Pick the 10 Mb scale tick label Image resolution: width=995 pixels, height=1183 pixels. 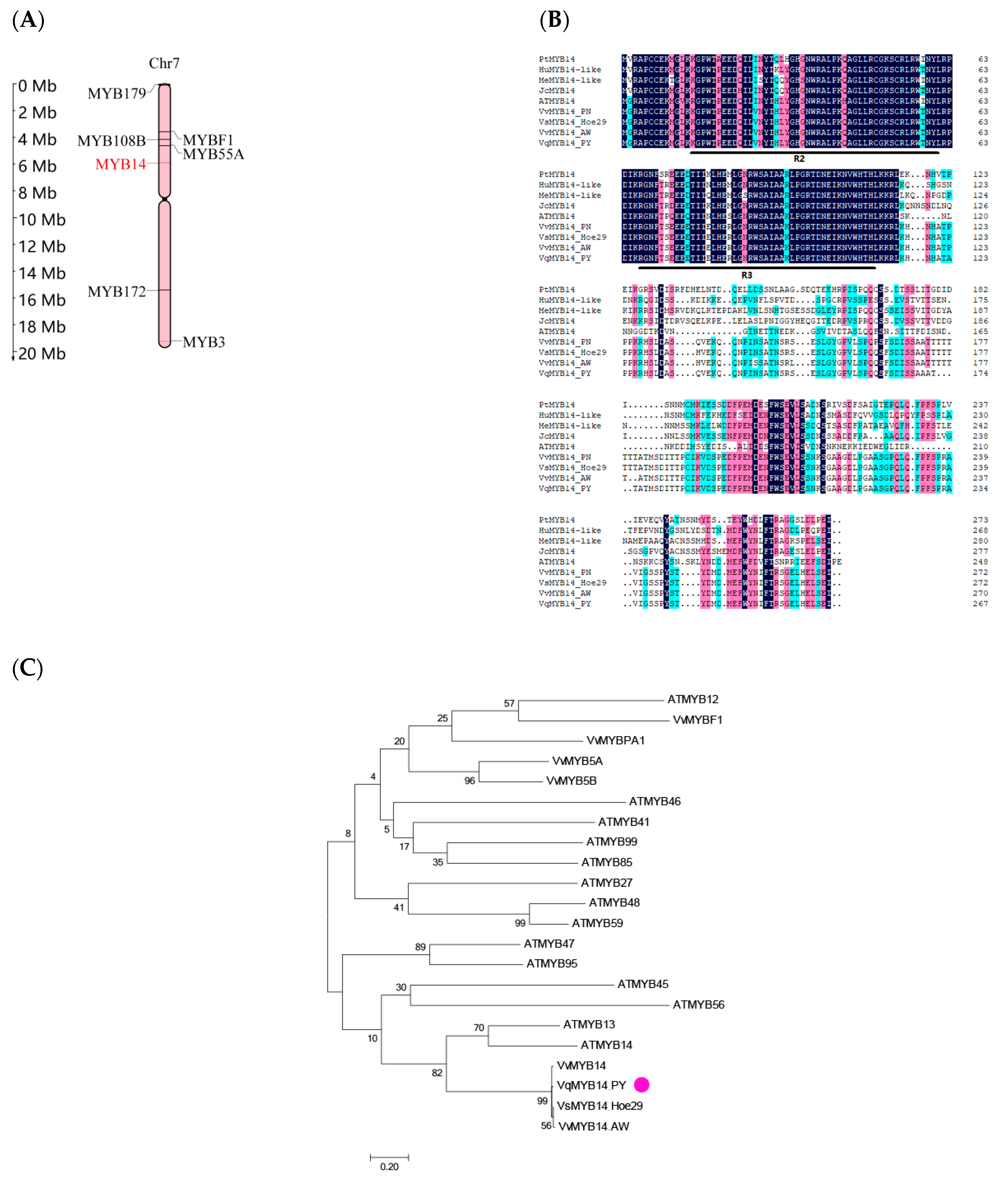click(42, 220)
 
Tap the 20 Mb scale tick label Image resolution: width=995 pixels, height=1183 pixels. click(42, 354)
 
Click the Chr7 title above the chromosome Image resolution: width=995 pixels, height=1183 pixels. click(164, 63)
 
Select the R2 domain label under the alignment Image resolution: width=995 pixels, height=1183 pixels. click(799, 159)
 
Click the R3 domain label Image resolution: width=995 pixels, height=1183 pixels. click(746, 275)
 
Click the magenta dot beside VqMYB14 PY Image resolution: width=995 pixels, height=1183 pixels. click(641, 1084)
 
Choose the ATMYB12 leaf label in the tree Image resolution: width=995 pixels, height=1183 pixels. click(693, 700)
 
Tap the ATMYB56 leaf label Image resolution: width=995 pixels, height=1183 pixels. click(698, 1005)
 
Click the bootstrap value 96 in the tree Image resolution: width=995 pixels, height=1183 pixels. click(469, 781)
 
